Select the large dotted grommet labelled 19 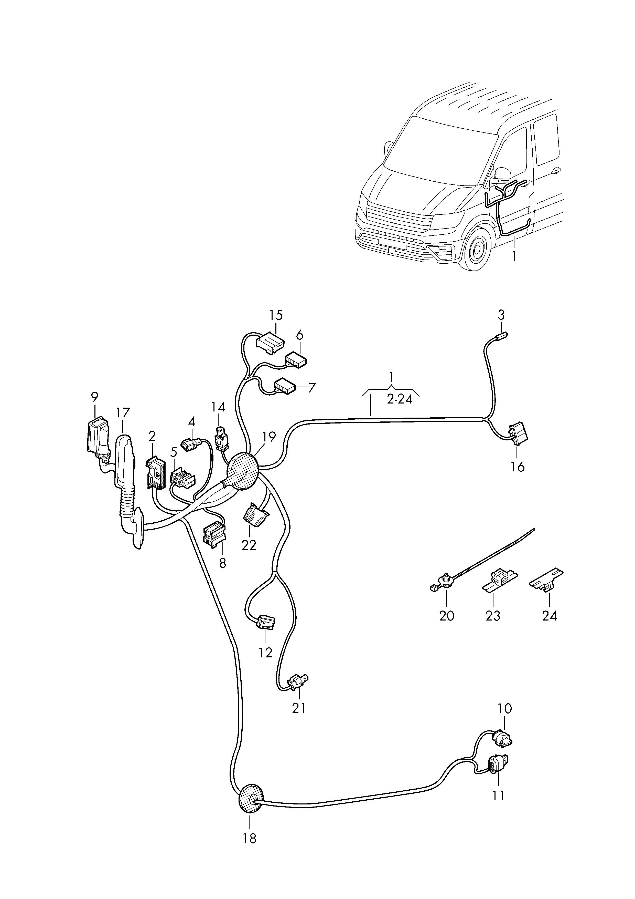[243, 471]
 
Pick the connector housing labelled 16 [518, 434]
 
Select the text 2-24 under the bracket [400, 400]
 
